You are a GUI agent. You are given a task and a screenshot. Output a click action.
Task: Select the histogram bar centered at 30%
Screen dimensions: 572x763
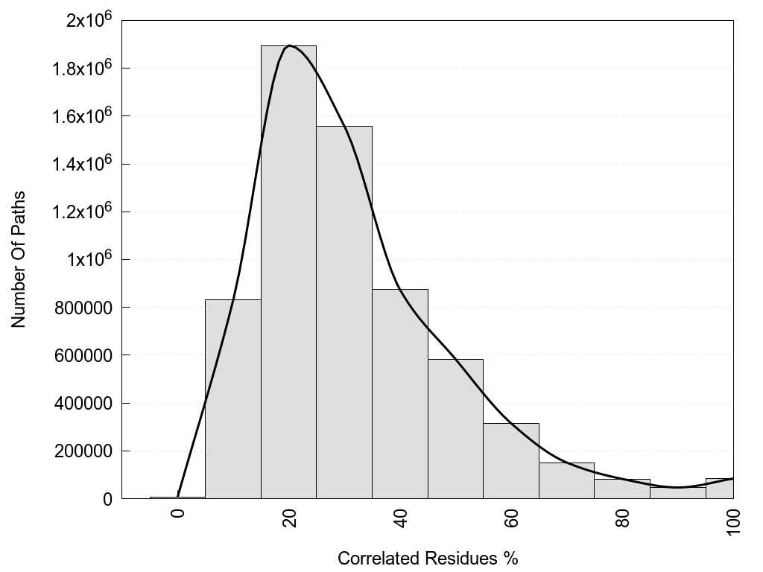coord(344,312)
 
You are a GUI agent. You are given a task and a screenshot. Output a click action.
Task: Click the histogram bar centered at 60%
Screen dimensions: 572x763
coord(511,461)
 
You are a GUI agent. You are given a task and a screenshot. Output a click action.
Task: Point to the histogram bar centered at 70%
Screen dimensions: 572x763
coord(566,481)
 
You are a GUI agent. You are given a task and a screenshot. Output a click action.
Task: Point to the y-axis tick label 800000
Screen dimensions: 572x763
coord(83,308)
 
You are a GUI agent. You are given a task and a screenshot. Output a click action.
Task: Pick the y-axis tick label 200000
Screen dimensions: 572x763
coord(83,451)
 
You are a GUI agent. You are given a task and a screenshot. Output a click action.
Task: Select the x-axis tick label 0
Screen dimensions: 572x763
coord(178,515)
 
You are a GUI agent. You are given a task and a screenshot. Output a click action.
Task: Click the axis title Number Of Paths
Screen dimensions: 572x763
coord(19,260)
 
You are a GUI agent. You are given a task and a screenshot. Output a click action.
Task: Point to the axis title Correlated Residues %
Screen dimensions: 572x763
coord(428,559)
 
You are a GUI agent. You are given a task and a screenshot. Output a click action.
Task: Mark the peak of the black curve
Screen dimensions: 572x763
coord(289,45)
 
